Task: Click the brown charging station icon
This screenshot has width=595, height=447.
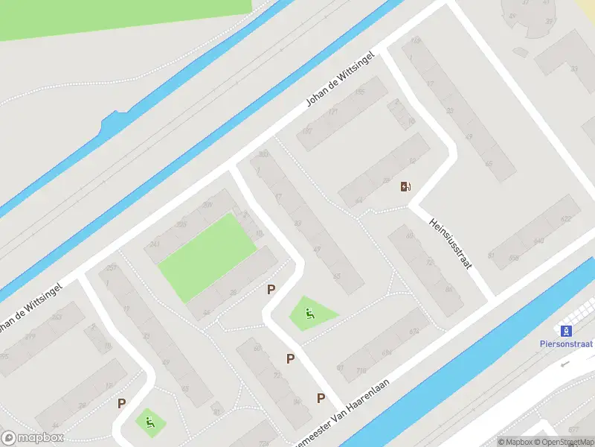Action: click(x=405, y=186)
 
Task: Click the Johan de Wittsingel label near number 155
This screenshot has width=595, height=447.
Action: click(x=338, y=83)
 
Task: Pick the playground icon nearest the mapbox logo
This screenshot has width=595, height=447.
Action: click(x=149, y=423)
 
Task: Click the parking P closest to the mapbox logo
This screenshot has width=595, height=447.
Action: click(x=121, y=403)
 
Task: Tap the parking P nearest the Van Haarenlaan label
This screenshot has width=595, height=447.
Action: click(x=321, y=398)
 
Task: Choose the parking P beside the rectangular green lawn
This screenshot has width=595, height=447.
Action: click(x=271, y=289)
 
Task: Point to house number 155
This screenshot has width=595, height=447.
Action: click(x=360, y=92)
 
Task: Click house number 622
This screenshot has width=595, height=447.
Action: click(x=566, y=218)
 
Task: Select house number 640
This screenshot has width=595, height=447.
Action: click(x=538, y=241)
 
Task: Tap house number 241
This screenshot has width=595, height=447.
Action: click(x=155, y=244)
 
